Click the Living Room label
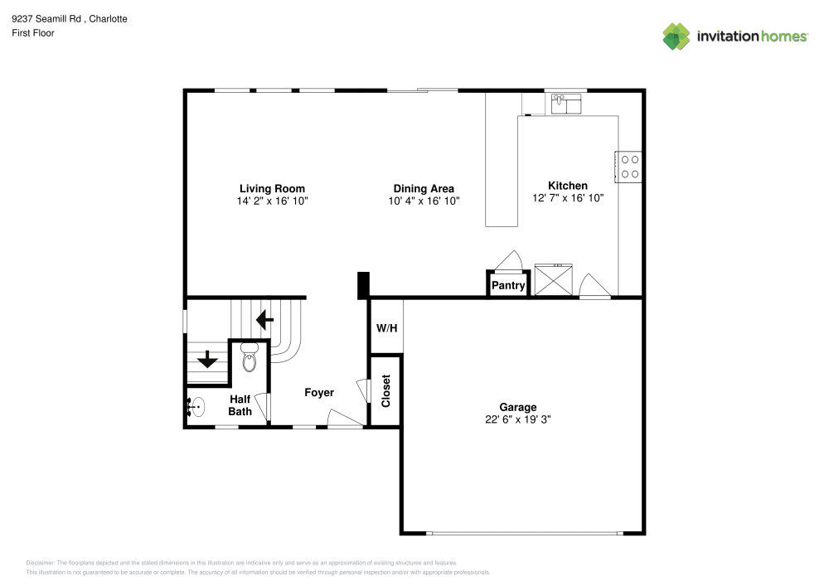[x=272, y=188]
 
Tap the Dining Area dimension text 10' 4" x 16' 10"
[x=424, y=201]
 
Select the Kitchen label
[x=568, y=186]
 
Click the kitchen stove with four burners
[x=629, y=166]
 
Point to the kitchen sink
[x=567, y=104]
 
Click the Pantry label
[x=508, y=286]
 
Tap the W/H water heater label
[x=387, y=328]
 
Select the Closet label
[x=385, y=391]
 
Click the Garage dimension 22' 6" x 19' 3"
[x=518, y=419]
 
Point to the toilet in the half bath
[x=250, y=361]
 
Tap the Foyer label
[x=319, y=392]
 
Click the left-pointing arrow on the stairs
[x=264, y=318]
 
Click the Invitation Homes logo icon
[x=676, y=36]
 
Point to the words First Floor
[x=33, y=33]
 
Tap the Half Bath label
[x=240, y=404]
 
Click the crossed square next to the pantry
[x=553, y=279]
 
